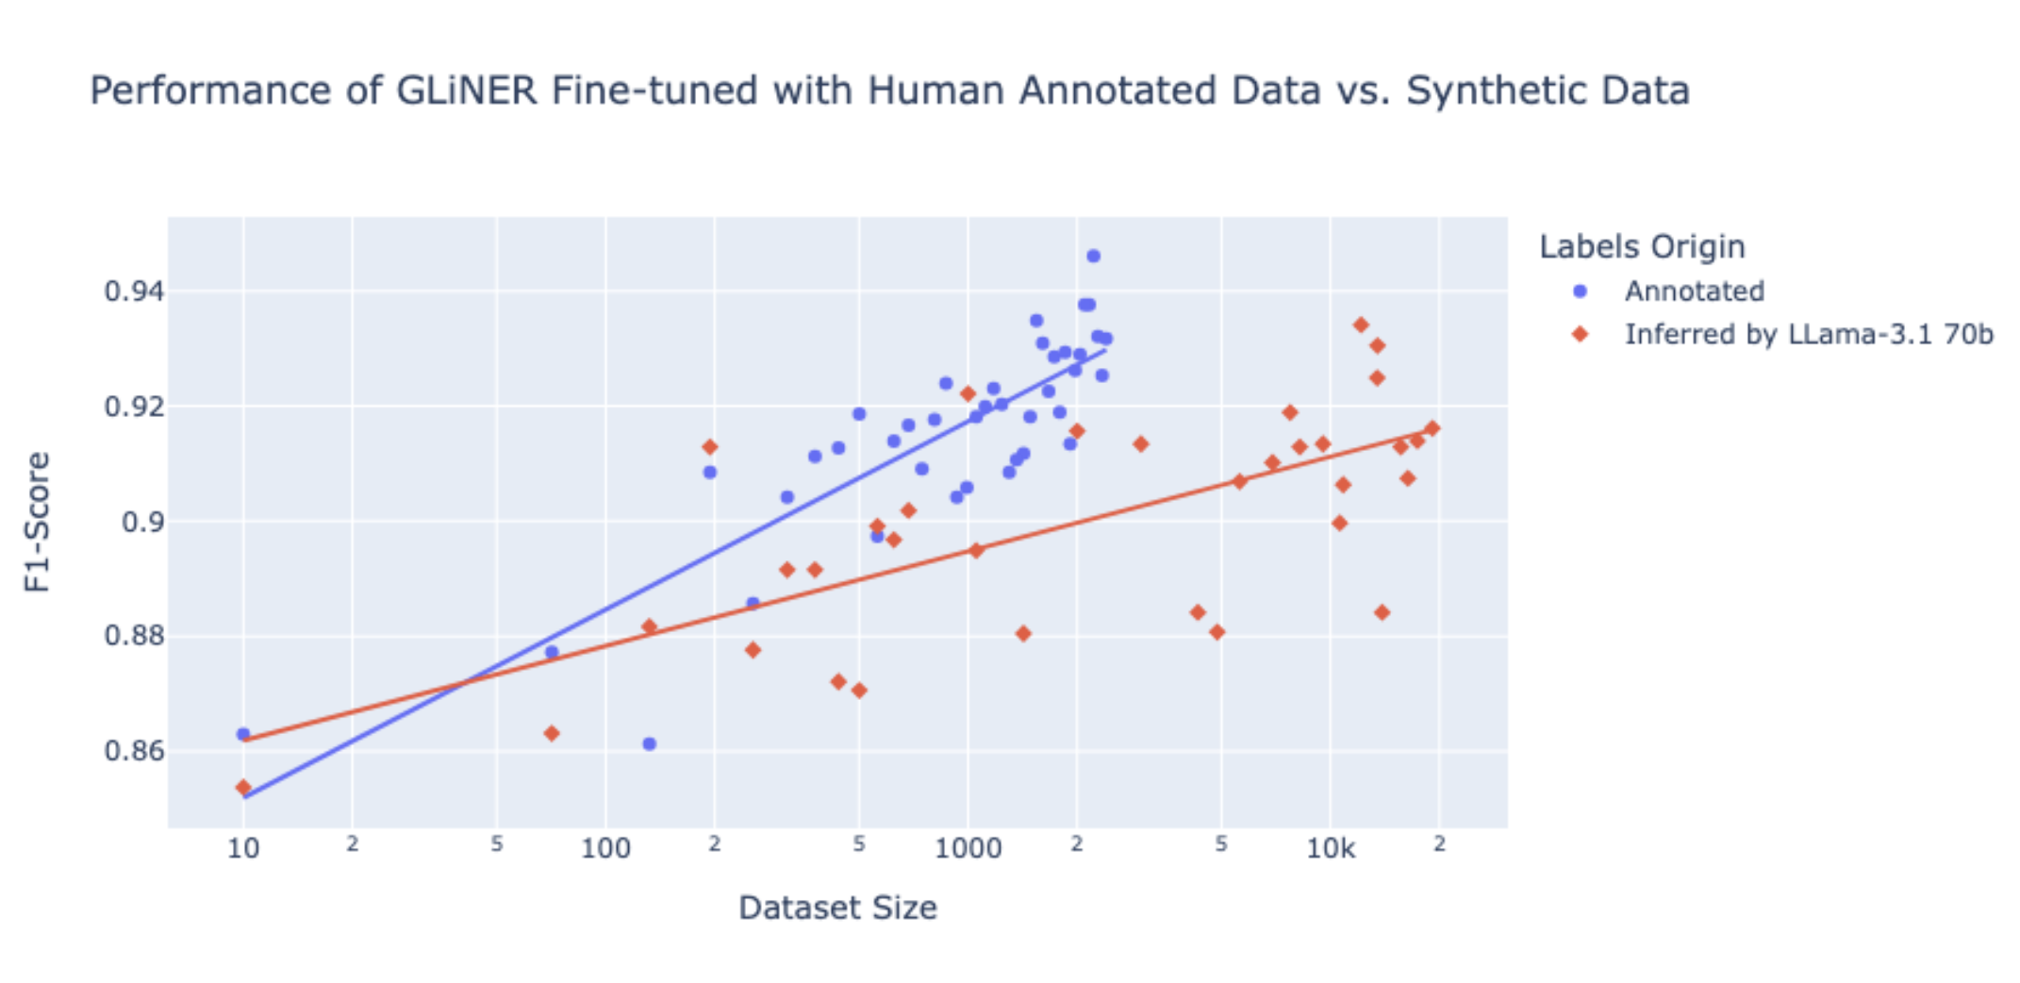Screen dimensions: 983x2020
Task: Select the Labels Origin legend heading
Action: point(1642,247)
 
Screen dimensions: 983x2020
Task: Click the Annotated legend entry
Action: point(1694,292)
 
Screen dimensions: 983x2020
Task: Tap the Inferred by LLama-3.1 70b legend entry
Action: point(1808,335)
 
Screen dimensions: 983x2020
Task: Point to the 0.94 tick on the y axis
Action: point(134,292)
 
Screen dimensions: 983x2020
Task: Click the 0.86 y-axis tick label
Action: point(134,751)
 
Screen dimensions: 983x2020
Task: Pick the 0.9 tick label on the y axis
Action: point(142,522)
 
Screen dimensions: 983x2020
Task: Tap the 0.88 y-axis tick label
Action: point(134,637)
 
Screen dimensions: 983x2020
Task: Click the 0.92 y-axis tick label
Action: point(134,407)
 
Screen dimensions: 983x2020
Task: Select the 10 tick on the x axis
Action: point(243,848)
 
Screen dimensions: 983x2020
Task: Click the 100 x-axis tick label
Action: point(605,848)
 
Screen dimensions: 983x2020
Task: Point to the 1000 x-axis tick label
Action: point(968,848)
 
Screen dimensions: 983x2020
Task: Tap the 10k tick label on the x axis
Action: point(1330,848)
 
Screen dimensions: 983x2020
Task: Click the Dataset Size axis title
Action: point(837,908)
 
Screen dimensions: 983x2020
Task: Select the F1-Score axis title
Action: point(38,522)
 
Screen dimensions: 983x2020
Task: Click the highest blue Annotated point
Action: point(1093,257)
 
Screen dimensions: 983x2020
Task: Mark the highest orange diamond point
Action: point(1361,325)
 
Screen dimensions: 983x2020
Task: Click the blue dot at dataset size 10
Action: point(243,734)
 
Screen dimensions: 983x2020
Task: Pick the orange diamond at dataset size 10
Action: point(243,788)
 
